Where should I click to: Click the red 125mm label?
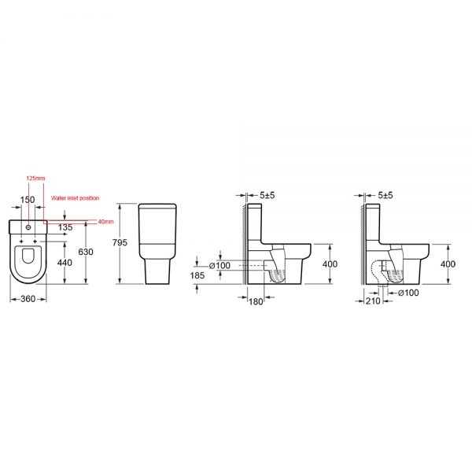tap(35, 179)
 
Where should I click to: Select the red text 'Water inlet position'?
tap(75, 198)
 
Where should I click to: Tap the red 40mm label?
tap(105, 222)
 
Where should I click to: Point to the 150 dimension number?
tap(28, 200)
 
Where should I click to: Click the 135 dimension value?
tap(65, 227)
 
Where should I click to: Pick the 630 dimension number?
tap(86, 252)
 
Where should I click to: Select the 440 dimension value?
tap(65, 263)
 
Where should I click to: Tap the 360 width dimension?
tap(28, 299)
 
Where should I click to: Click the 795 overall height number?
tap(120, 242)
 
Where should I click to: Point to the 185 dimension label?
tap(197, 275)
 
